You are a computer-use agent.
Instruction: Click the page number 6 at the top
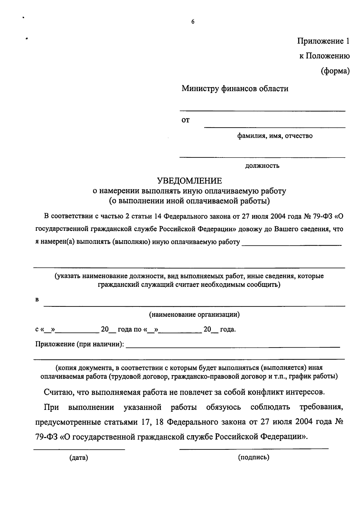point(193,22)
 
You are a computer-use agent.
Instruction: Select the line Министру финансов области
point(235,89)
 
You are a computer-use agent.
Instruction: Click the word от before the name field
point(185,120)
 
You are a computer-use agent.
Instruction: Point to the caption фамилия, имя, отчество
point(274,136)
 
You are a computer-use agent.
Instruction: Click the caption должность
point(262,166)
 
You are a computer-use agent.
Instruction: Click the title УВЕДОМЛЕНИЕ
point(189,181)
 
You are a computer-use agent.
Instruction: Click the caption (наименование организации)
point(194,315)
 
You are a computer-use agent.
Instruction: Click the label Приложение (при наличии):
point(80,344)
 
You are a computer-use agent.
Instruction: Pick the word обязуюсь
point(224,407)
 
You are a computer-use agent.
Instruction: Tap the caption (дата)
point(79,458)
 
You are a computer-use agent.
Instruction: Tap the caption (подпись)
point(253,457)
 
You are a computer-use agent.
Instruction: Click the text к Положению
point(325,56)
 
